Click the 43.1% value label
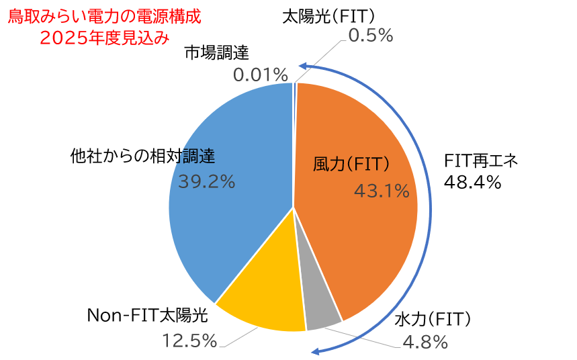pos(382,191)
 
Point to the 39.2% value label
pos(207,181)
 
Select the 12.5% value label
pos(190,341)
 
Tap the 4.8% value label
pos(425,342)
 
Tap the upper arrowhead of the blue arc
pos(303,66)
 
